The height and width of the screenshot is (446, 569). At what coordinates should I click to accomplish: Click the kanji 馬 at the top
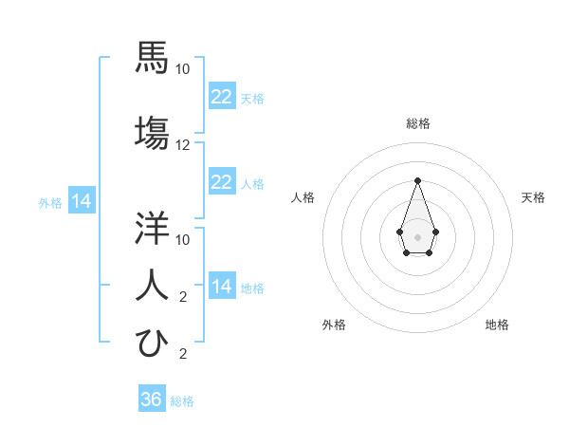click(x=152, y=59)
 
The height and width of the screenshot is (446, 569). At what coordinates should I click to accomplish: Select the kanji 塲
click(x=152, y=134)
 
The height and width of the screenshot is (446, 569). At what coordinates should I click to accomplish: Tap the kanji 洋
click(x=152, y=228)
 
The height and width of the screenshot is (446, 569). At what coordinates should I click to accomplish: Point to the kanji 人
click(x=152, y=285)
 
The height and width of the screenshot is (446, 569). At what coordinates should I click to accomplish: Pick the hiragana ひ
click(x=152, y=343)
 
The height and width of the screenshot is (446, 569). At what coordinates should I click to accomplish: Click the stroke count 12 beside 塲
click(x=183, y=145)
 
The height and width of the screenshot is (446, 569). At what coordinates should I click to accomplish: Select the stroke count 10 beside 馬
click(x=183, y=69)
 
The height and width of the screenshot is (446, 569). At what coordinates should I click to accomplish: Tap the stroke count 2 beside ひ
click(x=183, y=355)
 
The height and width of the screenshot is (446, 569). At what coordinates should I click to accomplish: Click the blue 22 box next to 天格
click(x=221, y=97)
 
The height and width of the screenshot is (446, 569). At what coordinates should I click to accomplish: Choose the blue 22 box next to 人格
click(x=221, y=182)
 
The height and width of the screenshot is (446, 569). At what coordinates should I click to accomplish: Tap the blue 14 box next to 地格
click(x=221, y=287)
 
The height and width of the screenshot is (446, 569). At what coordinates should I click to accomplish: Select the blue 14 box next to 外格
click(x=81, y=201)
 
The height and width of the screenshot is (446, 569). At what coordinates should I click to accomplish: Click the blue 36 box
click(x=152, y=400)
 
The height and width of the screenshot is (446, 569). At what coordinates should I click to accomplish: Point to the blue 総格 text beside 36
click(x=182, y=401)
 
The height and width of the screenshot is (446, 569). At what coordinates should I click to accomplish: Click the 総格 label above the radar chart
click(x=417, y=123)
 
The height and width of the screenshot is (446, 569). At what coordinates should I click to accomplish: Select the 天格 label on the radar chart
click(x=533, y=197)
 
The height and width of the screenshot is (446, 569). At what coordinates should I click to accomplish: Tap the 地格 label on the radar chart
click(x=497, y=325)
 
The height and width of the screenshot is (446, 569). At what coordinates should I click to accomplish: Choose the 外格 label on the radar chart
click(x=334, y=325)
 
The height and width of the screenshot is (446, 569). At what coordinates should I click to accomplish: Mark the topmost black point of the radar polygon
click(x=417, y=180)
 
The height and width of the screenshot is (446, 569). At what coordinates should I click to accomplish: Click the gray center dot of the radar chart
click(x=417, y=235)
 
